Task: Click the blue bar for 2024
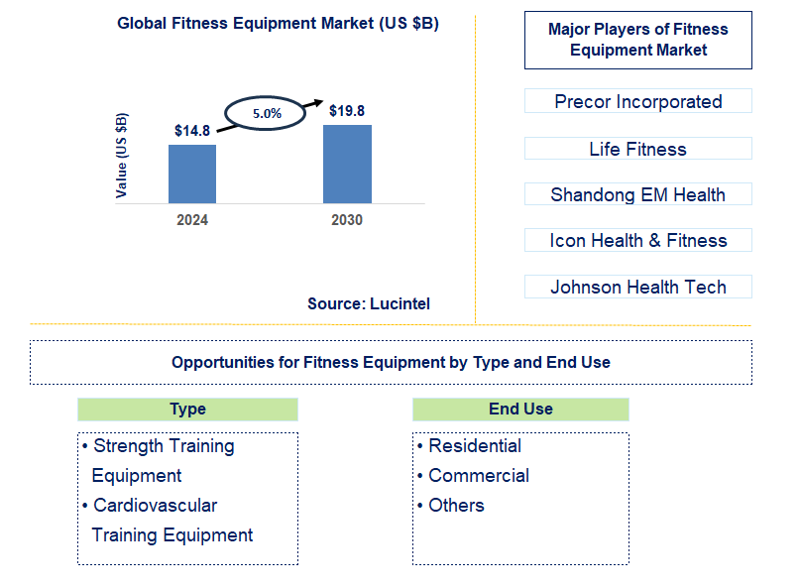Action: (x=192, y=175)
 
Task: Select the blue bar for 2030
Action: (x=347, y=165)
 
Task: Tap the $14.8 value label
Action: (x=192, y=131)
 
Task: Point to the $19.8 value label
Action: (x=347, y=111)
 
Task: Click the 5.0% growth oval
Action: (x=267, y=113)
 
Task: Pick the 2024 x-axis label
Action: (x=192, y=220)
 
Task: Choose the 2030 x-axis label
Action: (x=347, y=220)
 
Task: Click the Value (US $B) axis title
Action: (x=122, y=155)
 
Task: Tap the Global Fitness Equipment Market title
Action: (x=278, y=24)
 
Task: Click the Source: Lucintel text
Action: (x=369, y=304)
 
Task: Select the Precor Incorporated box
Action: (x=637, y=101)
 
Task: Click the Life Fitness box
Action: (x=637, y=149)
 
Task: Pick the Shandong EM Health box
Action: (x=637, y=194)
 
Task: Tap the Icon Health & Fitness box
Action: (x=637, y=240)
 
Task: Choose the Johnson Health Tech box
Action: (x=637, y=287)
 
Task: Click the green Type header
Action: (x=187, y=409)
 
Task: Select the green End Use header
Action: (x=520, y=409)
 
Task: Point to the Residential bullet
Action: (x=474, y=446)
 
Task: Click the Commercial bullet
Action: (x=478, y=476)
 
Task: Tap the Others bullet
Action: (x=456, y=506)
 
